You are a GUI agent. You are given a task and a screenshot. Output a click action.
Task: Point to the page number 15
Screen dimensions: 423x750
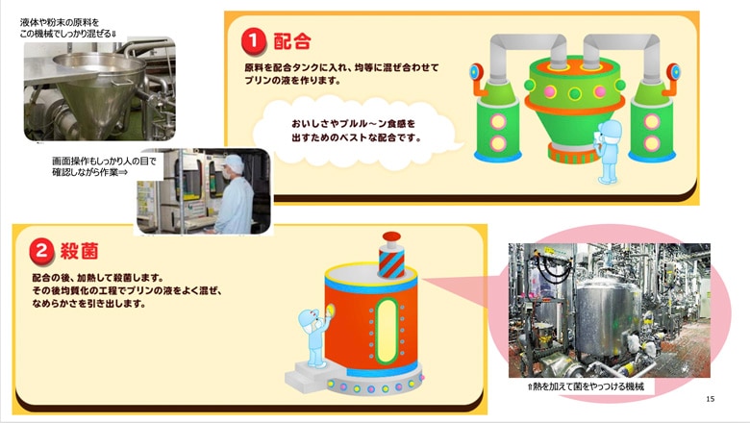coord(710,399)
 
